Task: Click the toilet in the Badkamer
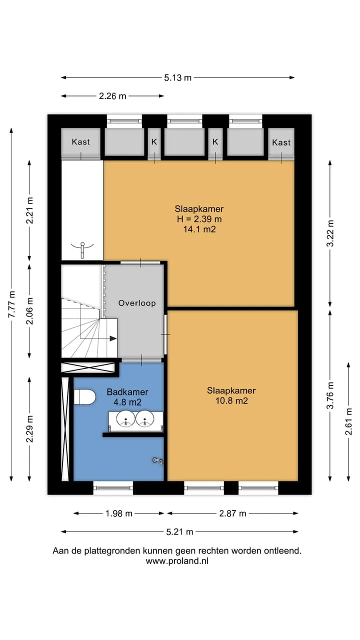pos(84,396)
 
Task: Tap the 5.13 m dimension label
pos(177,77)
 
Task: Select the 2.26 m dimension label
pos(112,96)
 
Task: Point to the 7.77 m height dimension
pos(11,304)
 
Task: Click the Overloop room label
pos(137,303)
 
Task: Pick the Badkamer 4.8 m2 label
pos(127,397)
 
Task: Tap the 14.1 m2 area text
pos(199,229)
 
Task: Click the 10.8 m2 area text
pos(231,400)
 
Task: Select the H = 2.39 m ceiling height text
pos(199,219)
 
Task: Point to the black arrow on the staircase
pos(113,338)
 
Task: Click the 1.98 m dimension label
pos(119,513)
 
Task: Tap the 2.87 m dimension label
pos(232,513)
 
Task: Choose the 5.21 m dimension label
pos(179,531)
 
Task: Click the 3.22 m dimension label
pos(330,233)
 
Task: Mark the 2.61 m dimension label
pos(348,421)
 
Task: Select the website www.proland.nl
pos(177,561)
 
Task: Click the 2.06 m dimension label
pos(29,311)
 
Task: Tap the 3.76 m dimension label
pos(330,395)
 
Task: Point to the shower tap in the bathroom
pos(158,460)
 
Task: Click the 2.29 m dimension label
pos(29,428)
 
